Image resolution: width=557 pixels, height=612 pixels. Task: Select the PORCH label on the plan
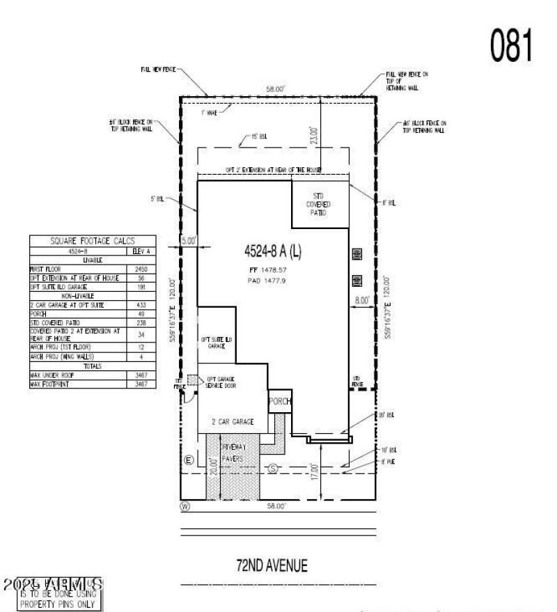click(280, 402)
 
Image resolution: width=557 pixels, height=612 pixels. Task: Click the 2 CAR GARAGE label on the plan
click(233, 422)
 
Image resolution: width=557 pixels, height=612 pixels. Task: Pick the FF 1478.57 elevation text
click(272, 269)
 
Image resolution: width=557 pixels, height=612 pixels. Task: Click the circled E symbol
click(188, 462)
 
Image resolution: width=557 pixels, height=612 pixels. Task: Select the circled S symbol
click(273, 469)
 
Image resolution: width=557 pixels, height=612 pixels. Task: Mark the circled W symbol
click(185, 505)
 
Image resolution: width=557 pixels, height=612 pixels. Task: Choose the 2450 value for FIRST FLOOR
click(141, 268)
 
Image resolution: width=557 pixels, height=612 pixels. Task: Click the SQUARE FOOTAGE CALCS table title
click(92, 240)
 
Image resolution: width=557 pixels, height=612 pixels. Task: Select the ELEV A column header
click(141, 250)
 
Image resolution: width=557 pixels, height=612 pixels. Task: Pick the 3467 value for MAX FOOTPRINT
click(141, 384)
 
